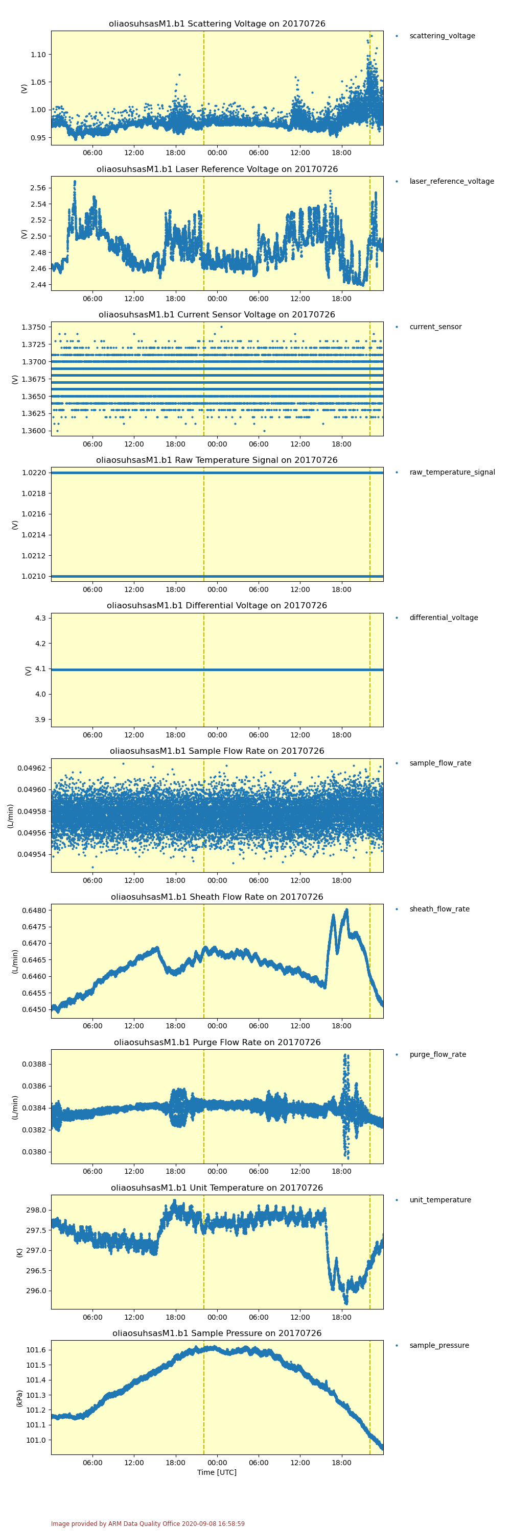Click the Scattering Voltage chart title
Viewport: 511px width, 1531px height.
tap(217, 24)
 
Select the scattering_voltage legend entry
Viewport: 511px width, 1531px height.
tap(442, 36)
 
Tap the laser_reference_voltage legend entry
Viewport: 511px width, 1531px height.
tap(451, 181)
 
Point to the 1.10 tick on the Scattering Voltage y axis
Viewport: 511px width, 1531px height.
tap(38, 55)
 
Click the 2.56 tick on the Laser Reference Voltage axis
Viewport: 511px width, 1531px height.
tap(38, 188)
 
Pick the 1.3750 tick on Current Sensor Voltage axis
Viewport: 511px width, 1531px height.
tap(33, 328)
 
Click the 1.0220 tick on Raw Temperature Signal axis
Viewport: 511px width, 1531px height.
tap(33, 473)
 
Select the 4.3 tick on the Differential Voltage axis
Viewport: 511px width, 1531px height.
tap(40, 618)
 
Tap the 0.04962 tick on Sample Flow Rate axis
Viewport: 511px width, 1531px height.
tap(31, 768)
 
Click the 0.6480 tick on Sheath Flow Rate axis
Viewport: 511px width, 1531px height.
tap(33, 910)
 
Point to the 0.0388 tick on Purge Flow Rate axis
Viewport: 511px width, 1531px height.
tap(33, 1064)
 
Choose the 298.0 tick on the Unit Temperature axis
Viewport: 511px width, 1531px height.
tap(36, 1210)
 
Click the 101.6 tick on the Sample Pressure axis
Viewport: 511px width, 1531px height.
tap(36, 1350)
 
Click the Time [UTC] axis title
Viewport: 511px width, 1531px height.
tap(217, 1472)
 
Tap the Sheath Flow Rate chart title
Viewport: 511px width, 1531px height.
tap(217, 897)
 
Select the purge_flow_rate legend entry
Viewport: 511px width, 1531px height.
tap(437, 1054)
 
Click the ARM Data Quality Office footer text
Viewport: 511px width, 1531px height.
tap(148, 1523)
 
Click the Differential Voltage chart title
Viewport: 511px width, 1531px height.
tap(217, 606)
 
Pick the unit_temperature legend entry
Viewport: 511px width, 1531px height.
tap(439, 1200)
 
